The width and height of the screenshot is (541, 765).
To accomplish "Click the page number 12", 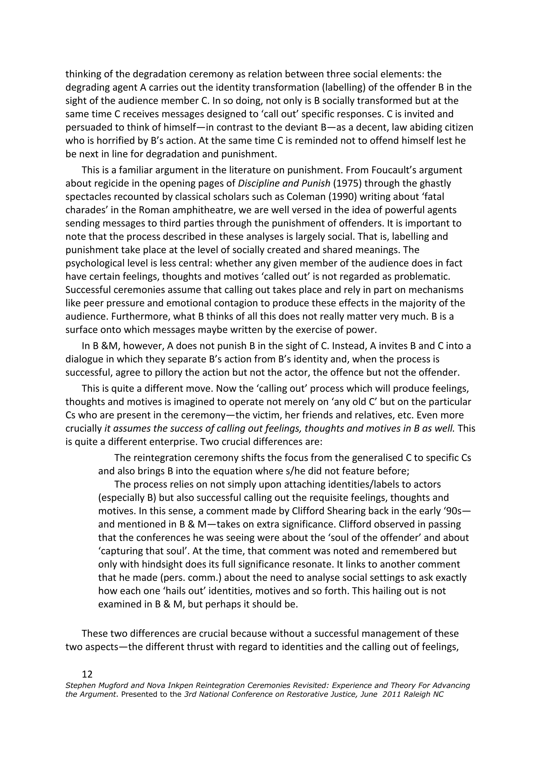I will (x=87, y=674).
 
